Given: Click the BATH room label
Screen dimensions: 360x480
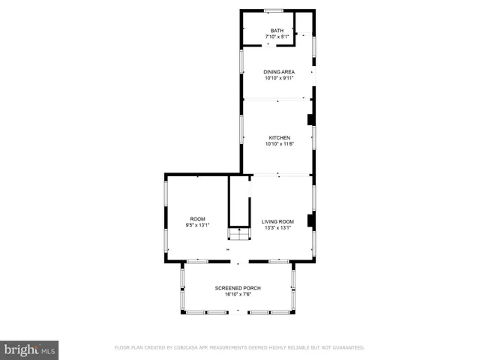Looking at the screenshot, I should (277, 31).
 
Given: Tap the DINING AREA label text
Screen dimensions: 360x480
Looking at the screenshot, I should (277, 71).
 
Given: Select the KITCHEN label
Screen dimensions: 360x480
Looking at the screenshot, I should (279, 138).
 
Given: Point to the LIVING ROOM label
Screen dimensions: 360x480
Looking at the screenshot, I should (277, 221).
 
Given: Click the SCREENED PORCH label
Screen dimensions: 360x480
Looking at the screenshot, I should (237, 288).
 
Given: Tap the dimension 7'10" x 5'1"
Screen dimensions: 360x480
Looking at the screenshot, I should (277, 37).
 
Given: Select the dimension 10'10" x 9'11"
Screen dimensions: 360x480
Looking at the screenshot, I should (277, 77).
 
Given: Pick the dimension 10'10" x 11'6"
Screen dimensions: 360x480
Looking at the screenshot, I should (279, 144).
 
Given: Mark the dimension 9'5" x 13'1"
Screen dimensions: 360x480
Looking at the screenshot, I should (197, 225).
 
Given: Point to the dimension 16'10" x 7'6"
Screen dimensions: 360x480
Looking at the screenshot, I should (237, 294).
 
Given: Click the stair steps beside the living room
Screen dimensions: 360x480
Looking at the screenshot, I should (239, 235).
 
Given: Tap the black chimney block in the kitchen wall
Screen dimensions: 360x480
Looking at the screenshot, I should (311, 119).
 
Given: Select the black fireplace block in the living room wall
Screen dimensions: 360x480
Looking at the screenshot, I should (311, 220).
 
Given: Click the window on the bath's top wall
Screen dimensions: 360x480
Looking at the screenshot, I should (273, 10).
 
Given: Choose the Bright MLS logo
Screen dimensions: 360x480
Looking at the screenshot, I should (29, 349).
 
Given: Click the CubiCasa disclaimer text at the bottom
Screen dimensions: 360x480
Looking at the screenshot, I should (239, 347).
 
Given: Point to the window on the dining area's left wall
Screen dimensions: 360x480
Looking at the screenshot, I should (241, 61).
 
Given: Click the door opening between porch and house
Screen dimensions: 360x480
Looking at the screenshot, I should (238, 262).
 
